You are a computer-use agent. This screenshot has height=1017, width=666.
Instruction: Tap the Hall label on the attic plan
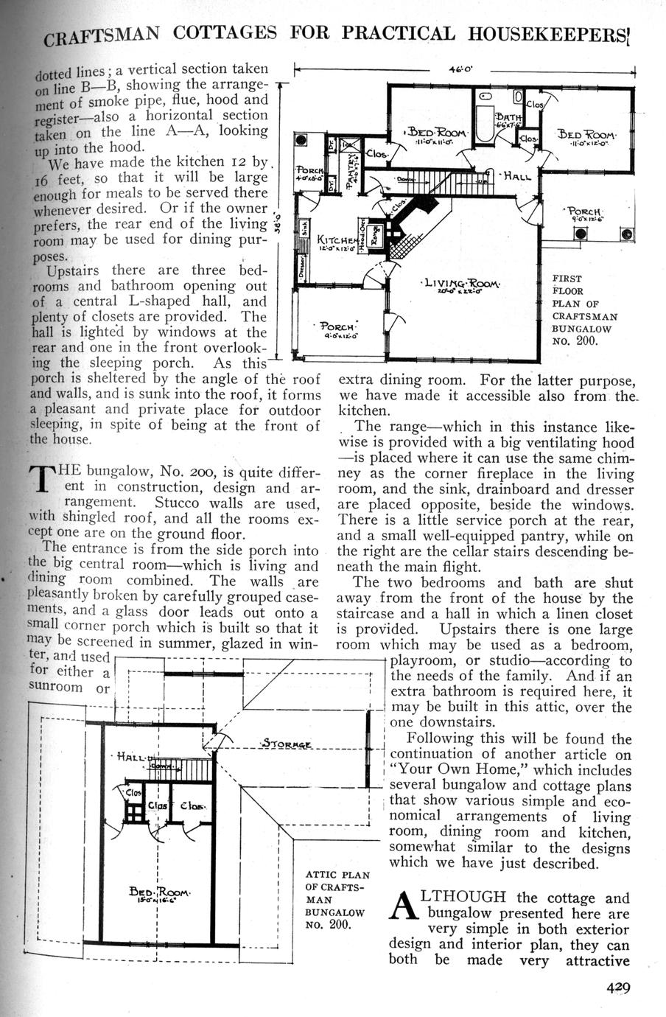click(130, 756)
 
